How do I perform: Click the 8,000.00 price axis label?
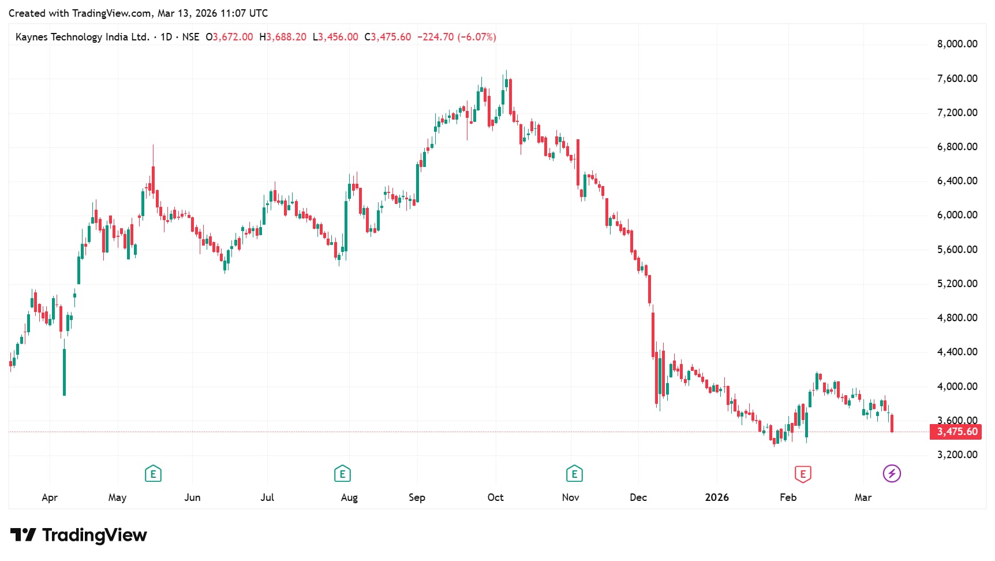click(x=957, y=44)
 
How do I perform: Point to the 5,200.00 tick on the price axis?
click(x=957, y=284)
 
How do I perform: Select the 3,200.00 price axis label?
click(x=957, y=455)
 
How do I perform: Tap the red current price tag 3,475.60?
click(x=956, y=432)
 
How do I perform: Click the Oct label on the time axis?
click(x=495, y=497)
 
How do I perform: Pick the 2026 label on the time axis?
click(x=716, y=497)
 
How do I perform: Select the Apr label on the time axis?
click(x=50, y=497)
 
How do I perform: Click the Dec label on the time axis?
click(x=638, y=497)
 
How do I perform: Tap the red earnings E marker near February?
click(x=802, y=474)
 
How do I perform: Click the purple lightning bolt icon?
click(x=892, y=474)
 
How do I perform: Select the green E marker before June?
click(x=153, y=474)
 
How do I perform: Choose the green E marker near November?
click(x=574, y=474)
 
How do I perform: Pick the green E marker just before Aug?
click(x=342, y=474)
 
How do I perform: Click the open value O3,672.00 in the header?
click(x=229, y=37)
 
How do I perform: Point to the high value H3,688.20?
click(x=283, y=37)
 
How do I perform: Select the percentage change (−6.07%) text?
click(x=477, y=37)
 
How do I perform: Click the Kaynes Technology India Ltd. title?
click(x=82, y=37)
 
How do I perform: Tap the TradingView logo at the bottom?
click(x=78, y=535)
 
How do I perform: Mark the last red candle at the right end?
click(x=892, y=423)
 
